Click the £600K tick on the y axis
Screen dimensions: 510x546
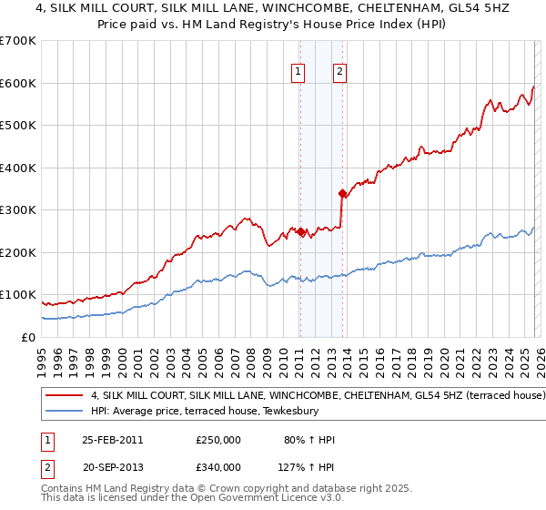pyautogui.click(x=18, y=83)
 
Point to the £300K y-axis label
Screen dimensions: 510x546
pyautogui.click(x=18, y=209)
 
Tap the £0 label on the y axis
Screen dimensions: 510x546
pyautogui.click(x=29, y=337)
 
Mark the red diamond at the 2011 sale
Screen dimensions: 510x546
pyautogui.click(x=300, y=231)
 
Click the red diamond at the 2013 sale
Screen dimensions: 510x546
pyautogui.click(x=342, y=193)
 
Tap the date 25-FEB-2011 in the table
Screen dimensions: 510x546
pyautogui.click(x=110, y=440)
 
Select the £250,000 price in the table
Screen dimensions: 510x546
pyautogui.click(x=217, y=440)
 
